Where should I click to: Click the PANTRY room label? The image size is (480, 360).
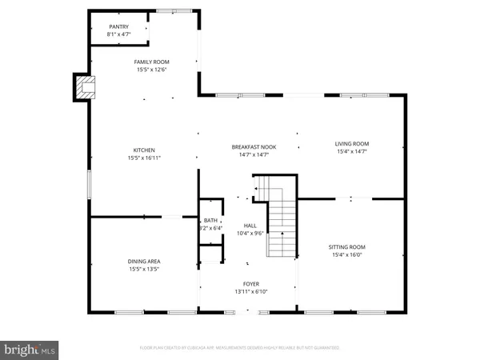(x=118, y=26)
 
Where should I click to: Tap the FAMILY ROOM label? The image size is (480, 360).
(x=151, y=61)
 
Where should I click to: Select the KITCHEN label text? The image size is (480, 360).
(x=144, y=150)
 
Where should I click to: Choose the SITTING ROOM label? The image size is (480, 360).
(x=348, y=247)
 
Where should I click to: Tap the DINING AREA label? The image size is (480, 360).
(x=144, y=261)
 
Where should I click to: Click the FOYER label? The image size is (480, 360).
(x=251, y=284)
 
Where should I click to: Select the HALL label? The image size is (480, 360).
(x=251, y=226)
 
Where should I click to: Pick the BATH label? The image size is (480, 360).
(x=210, y=220)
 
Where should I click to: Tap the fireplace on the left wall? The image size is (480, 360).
(x=83, y=87)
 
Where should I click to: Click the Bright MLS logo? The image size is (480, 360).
(x=30, y=349)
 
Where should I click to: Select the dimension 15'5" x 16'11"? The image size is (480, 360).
(x=144, y=158)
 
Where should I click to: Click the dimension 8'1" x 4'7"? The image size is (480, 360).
(x=118, y=34)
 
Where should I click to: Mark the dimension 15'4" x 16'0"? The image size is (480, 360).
(x=348, y=255)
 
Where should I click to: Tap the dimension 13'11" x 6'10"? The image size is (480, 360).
(x=251, y=292)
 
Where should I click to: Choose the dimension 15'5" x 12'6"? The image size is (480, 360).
(x=151, y=69)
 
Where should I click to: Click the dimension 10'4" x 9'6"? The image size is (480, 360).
(x=251, y=234)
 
